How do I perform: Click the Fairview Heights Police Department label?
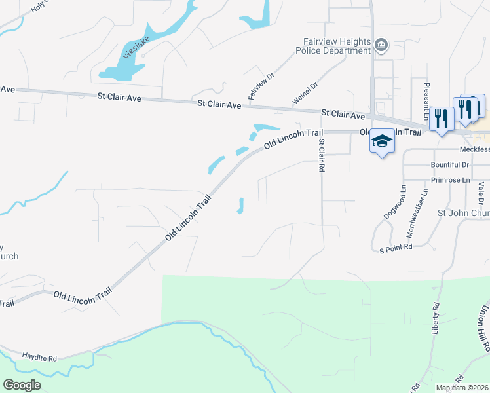coord(333,45)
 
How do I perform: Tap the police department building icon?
coord(381,45)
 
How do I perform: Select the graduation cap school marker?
coord(382,141)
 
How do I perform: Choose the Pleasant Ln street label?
coord(426,98)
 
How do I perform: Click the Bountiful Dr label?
coord(450,165)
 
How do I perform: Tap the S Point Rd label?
coord(396,248)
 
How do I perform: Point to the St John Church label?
coord(463,213)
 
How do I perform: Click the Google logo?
coord(22,384)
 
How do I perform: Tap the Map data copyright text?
coord(462,388)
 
